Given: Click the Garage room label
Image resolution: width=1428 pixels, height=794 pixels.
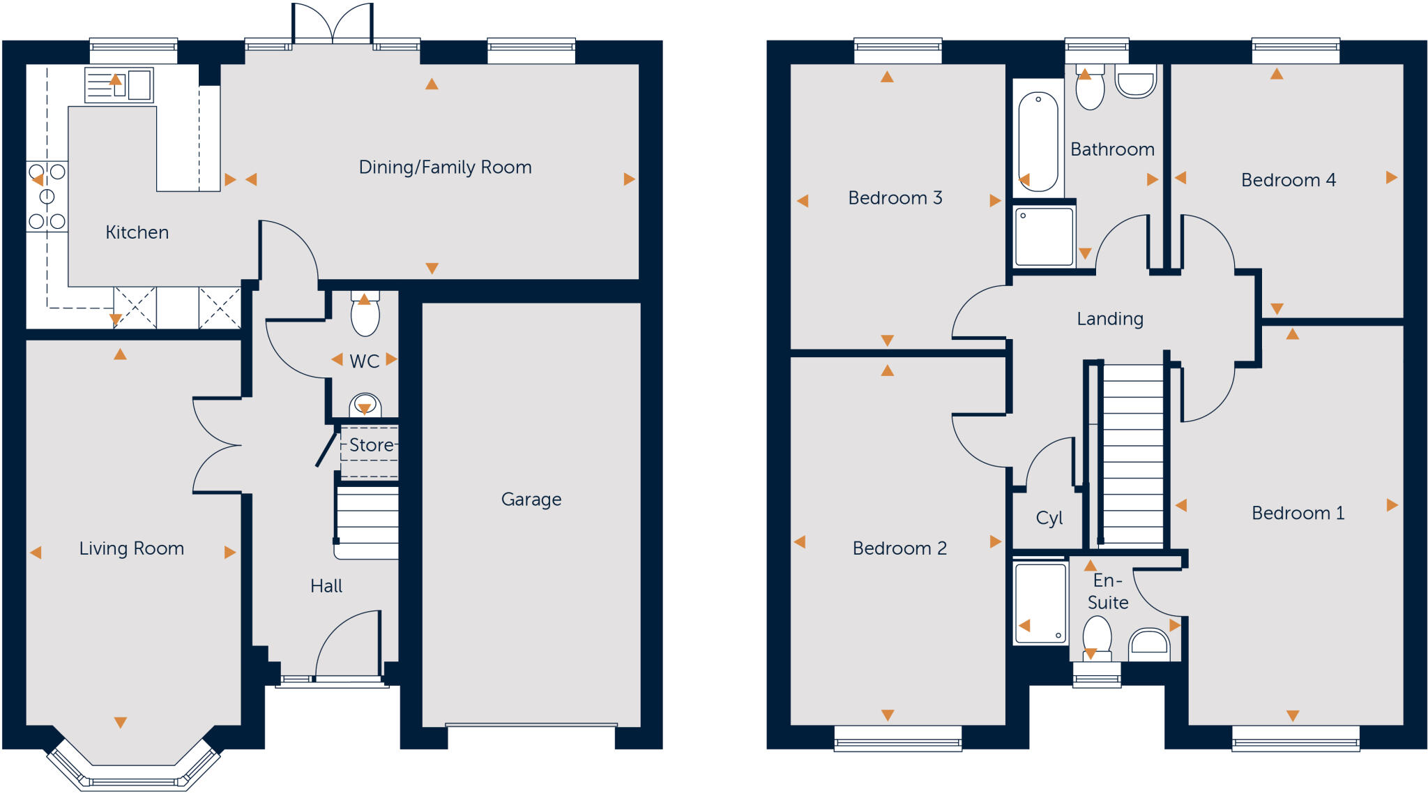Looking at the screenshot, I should click(531, 500).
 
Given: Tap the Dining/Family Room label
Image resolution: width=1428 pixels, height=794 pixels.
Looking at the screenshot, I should click(445, 167).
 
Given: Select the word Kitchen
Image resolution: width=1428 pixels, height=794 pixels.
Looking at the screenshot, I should click(137, 232).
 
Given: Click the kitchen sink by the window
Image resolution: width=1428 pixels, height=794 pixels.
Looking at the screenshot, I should click(119, 85).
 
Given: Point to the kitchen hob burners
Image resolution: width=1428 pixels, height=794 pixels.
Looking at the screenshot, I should click(47, 197).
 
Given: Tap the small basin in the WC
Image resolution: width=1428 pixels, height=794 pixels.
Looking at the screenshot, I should click(365, 405).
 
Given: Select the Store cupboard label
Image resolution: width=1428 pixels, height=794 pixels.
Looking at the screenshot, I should click(371, 445).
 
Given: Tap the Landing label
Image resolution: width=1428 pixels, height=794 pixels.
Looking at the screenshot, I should click(1110, 319).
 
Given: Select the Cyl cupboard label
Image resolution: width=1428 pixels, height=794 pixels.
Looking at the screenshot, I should click(1049, 518).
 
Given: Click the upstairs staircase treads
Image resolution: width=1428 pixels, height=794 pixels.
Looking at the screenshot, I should click(1132, 454).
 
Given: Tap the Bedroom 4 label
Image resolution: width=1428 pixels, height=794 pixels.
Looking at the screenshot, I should click(1288, 180).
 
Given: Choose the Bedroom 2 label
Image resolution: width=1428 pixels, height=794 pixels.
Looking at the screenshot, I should click(899, 548).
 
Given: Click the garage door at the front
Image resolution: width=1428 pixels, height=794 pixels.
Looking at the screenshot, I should click(531, 726).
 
